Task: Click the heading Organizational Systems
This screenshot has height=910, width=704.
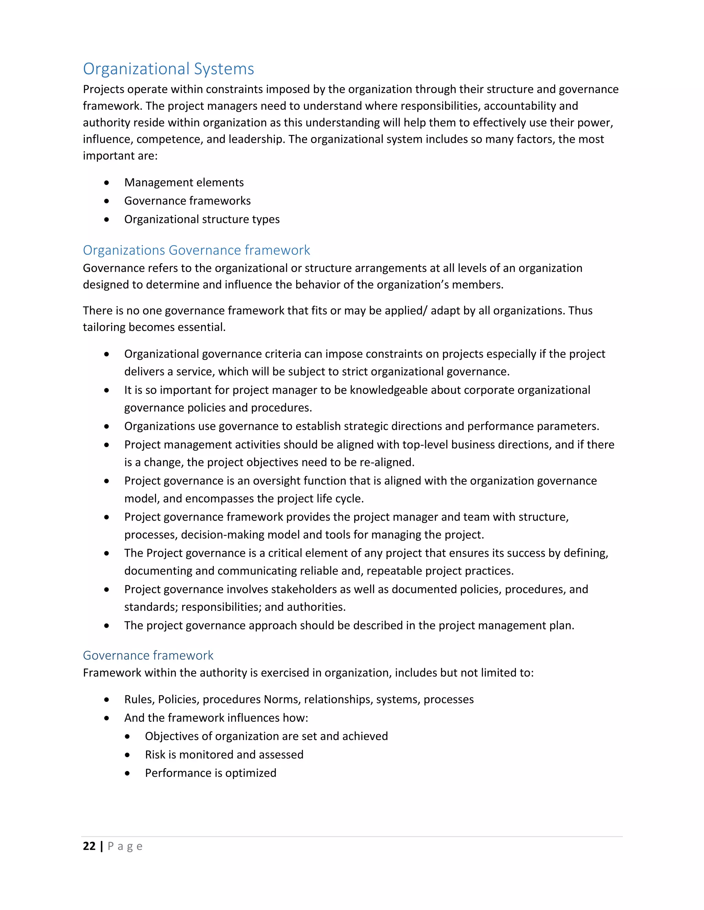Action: [x=168, y=69]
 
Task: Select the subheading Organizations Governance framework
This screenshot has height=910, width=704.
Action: [x=196, y=250]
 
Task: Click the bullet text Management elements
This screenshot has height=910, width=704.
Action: [x=184, y=182]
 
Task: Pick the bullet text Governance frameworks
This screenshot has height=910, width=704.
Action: [x=187, y=201]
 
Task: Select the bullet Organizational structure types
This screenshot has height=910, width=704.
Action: [x=202, y=219]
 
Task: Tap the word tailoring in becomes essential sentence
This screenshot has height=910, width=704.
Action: [x=104, y=327]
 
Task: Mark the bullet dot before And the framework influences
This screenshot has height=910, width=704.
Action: [x=107, y=718]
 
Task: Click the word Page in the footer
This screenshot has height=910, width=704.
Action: [x=125, y=846]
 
